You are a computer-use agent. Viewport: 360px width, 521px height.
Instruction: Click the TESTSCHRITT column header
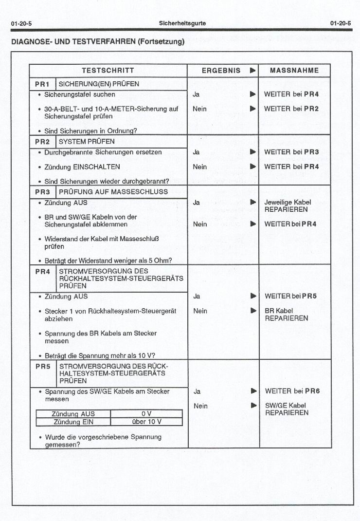108,71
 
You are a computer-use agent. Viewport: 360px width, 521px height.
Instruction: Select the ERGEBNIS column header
221,71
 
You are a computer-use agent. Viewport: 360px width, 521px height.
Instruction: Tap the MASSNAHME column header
294,71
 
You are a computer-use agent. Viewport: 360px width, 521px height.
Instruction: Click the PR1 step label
42,84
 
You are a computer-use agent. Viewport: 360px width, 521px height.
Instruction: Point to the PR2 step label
42,142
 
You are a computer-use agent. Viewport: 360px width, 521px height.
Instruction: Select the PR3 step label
42,192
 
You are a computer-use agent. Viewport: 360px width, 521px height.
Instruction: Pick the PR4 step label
43,272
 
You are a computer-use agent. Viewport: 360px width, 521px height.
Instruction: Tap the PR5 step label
43,366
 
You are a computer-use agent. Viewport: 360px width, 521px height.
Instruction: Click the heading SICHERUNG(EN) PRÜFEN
99,84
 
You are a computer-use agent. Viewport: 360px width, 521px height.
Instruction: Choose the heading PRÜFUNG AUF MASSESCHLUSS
113,192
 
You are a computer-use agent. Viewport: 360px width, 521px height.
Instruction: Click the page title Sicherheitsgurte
182,23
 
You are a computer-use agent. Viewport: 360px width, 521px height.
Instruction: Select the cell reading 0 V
146,414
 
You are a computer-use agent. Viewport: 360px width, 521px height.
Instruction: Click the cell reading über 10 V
146,422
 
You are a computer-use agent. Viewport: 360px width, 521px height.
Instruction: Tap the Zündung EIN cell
73,422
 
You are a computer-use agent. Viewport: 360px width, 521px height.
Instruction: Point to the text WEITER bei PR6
292,391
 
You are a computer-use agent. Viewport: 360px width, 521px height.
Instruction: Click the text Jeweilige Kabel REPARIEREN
287,206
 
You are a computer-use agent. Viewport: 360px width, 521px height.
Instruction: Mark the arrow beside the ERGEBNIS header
252,71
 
